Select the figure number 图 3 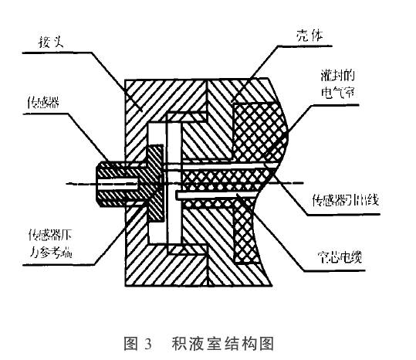click(143, 340)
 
